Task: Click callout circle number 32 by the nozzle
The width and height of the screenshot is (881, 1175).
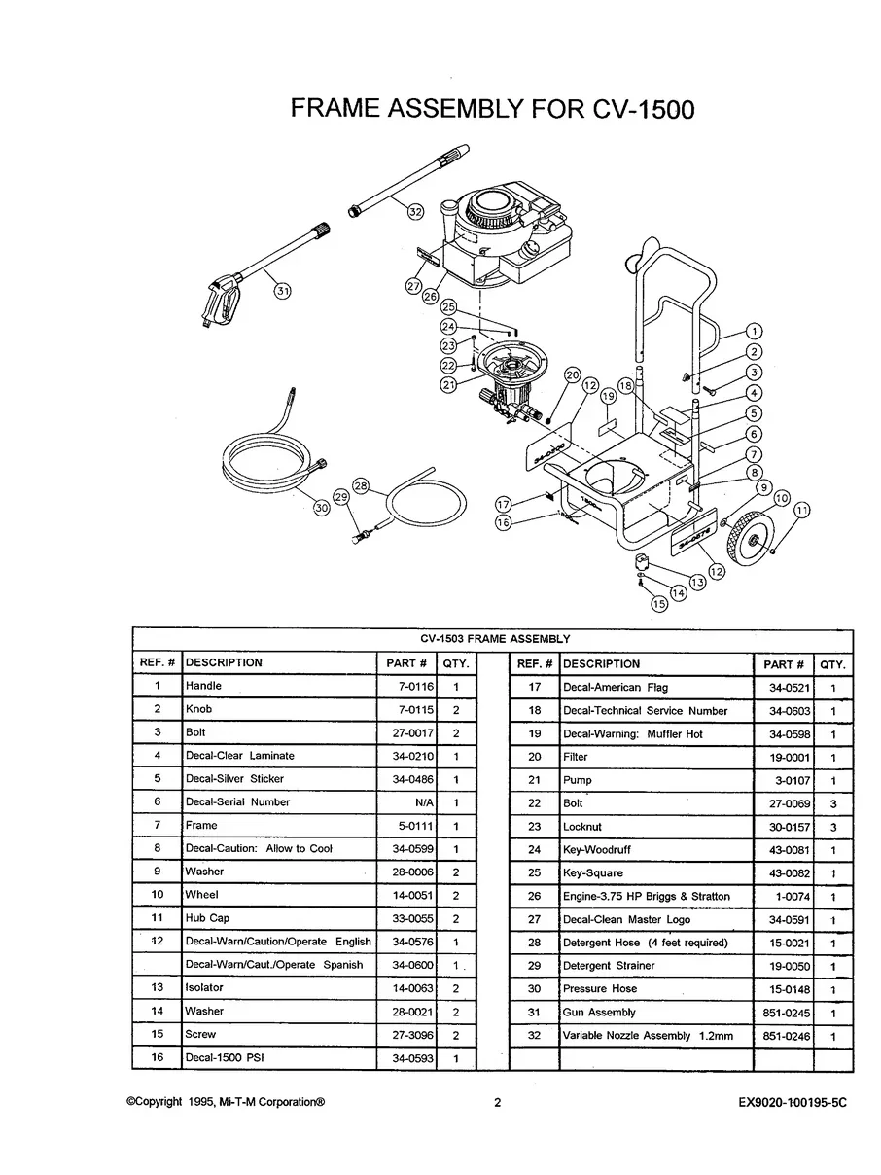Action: tap(415, 212)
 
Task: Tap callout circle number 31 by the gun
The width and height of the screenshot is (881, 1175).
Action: tap(282, 290)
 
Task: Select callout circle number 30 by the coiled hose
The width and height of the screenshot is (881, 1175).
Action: tap(321, 507)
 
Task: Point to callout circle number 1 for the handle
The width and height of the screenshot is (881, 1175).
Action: tap(755, 331)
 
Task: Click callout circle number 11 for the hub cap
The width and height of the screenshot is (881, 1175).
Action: tap(802, 510)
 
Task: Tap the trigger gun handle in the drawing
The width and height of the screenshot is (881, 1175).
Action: tap(219, 303)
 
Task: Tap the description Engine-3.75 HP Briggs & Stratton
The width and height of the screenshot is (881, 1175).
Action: tap(646, 897)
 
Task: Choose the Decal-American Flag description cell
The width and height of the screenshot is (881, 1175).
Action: tap(616, 688)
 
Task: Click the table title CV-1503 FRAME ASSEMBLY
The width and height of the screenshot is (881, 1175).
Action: tap(494, 639)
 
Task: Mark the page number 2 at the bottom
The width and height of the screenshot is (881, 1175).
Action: tap(497, 1103)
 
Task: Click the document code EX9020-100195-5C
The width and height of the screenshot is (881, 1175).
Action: tap(793, 1103)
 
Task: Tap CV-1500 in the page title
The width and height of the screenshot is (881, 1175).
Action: tap(643, 109)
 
